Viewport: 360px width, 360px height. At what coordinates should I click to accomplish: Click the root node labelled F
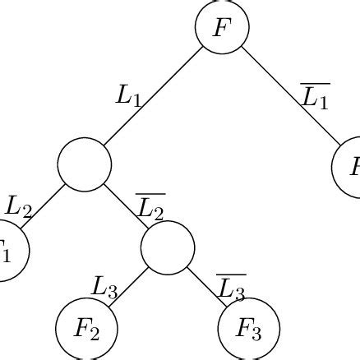[221, 27]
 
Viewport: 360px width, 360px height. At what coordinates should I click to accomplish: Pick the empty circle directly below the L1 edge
[85, 164]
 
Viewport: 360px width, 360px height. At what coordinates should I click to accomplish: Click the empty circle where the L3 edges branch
[168, 247]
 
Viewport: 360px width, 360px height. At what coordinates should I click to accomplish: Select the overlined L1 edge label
[314, 97]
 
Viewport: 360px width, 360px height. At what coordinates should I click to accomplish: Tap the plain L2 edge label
[19, 205]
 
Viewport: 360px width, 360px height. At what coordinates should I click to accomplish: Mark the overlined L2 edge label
[150, 207]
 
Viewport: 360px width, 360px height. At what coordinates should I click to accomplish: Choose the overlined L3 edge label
[231, 288]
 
